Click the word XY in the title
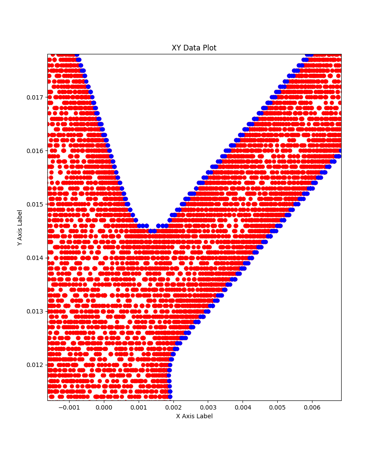176,48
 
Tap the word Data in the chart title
192,48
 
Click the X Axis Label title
194,416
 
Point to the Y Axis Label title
20,227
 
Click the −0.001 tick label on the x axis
68,408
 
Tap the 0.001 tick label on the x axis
138,408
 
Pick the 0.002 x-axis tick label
173,408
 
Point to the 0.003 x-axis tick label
208,408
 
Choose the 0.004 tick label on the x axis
243,408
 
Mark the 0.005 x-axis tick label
277,408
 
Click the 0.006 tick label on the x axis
312,408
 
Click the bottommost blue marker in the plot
170,397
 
